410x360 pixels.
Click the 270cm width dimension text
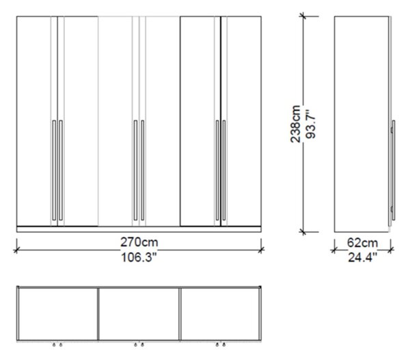pyautogui.click(x=139, y=242)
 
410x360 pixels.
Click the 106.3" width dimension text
pyautogui.click(x=139, y=258)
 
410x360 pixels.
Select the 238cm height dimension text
pyautogui.click(x=295, y=124)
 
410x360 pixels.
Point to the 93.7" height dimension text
pyautogui.click(x=311, y=124)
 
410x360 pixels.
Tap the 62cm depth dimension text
pyautogui.click(x=362, y=243)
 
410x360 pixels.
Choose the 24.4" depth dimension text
pyautogui.click(x=363, y=258)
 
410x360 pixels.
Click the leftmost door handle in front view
pyautogui.click(x=54, y=170)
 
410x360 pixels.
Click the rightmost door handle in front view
pyautogui.click(x=224, y=170)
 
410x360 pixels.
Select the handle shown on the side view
pyautogui.click(x=393, y=170)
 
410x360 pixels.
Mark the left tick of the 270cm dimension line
pyautogui.click(x=16, y=250)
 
